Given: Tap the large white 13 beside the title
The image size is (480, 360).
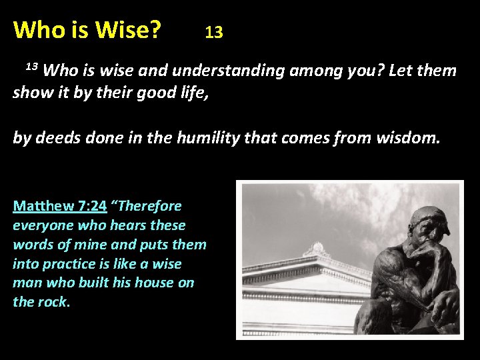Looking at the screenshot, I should point(213,32).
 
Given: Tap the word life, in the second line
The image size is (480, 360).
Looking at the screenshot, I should point(191,93).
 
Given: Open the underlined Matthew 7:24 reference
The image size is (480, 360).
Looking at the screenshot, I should point(59,206).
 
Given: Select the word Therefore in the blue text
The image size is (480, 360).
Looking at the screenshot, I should point(151,206).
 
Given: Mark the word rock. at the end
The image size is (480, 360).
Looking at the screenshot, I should point(54,302).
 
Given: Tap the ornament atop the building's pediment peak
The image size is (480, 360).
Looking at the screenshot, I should point(317,250).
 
